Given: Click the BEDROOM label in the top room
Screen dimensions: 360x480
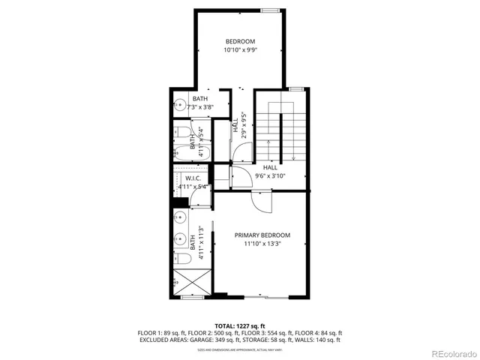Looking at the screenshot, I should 240,40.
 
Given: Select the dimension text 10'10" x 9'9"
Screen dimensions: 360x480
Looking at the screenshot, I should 240,50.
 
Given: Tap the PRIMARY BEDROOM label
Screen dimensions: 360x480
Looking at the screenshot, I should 262,235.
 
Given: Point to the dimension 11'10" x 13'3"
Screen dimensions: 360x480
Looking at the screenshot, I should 262,244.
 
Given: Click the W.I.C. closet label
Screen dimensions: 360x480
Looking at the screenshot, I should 186,178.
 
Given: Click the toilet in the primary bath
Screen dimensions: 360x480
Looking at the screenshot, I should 181,258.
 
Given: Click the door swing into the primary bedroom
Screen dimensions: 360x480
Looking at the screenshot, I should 262,199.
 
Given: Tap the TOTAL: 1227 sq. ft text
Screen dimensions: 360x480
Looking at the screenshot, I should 239,325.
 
